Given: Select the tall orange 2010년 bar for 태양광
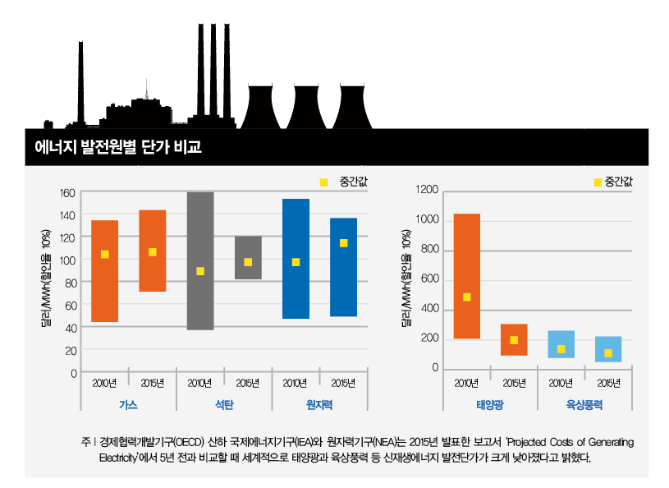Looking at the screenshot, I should (x=466, y=246).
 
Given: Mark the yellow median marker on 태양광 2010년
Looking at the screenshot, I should (x=466, y=297).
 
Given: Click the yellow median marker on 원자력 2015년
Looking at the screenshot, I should (x=343, y=243).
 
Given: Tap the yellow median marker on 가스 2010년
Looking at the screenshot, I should (x=104, y=255).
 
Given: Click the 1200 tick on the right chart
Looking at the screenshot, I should (x=428, y=191).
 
